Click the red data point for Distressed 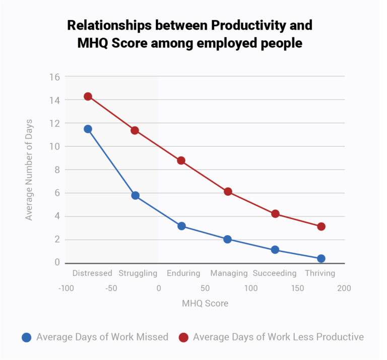[88, 96]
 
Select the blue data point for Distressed [88, 129]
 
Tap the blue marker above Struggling [135, 195]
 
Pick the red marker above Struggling [135, 130]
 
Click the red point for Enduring [181, 161]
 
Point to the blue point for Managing [227, 239]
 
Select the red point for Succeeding [275, 213]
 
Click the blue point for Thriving [321, 258]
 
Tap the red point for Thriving [321, 227]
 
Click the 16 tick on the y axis [54, 77]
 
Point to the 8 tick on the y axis [57, 170]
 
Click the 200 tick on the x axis [344, 289]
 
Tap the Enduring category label [183, 273]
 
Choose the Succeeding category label [275, 273]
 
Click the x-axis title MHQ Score [205, 304]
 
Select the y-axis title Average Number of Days [29, 170]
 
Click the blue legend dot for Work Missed [27, 337]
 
